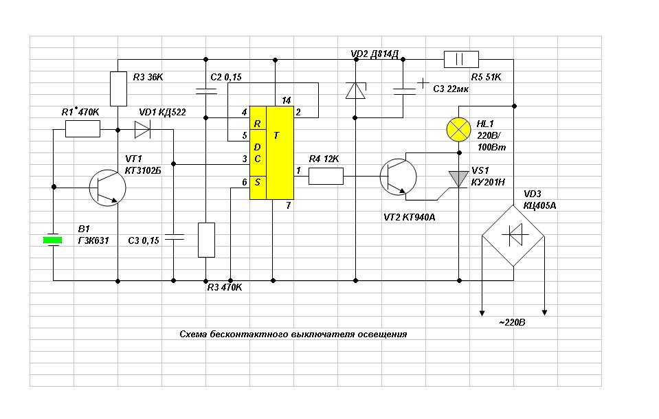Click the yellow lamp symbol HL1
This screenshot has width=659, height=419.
(x=458, y=129)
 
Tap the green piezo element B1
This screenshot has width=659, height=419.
(x=52, y=240)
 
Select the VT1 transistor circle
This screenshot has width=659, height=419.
(x=108, y=188)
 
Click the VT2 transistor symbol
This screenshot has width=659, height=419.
(x=398, y=177)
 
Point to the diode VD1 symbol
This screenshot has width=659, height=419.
(x=142, y=129)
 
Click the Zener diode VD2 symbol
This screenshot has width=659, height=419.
(x=355, y=91)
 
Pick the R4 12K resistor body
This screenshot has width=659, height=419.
(x=326, y=176)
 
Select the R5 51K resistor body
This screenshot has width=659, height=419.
(x=461, y=59)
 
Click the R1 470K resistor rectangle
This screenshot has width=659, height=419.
(x=82, y=128)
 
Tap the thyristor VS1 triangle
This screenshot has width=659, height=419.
(x=458, y=179)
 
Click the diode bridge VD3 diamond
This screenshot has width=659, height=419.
(x=513, y=236)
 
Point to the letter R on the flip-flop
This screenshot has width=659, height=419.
(x=257, y=124)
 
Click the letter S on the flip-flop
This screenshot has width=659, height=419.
(x=257, y=182)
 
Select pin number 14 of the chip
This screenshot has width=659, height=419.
(x=287, y=100)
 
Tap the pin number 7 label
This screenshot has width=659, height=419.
(x=288, y=205)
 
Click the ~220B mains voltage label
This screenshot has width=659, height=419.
(x=512, y=322)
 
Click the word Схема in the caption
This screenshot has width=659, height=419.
(x=193, y=334)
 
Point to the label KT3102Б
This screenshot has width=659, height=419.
(x=143, y=170)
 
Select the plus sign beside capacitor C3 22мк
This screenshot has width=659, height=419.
(x=423, y=83)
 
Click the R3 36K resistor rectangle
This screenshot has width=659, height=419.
(x=118, y=89)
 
